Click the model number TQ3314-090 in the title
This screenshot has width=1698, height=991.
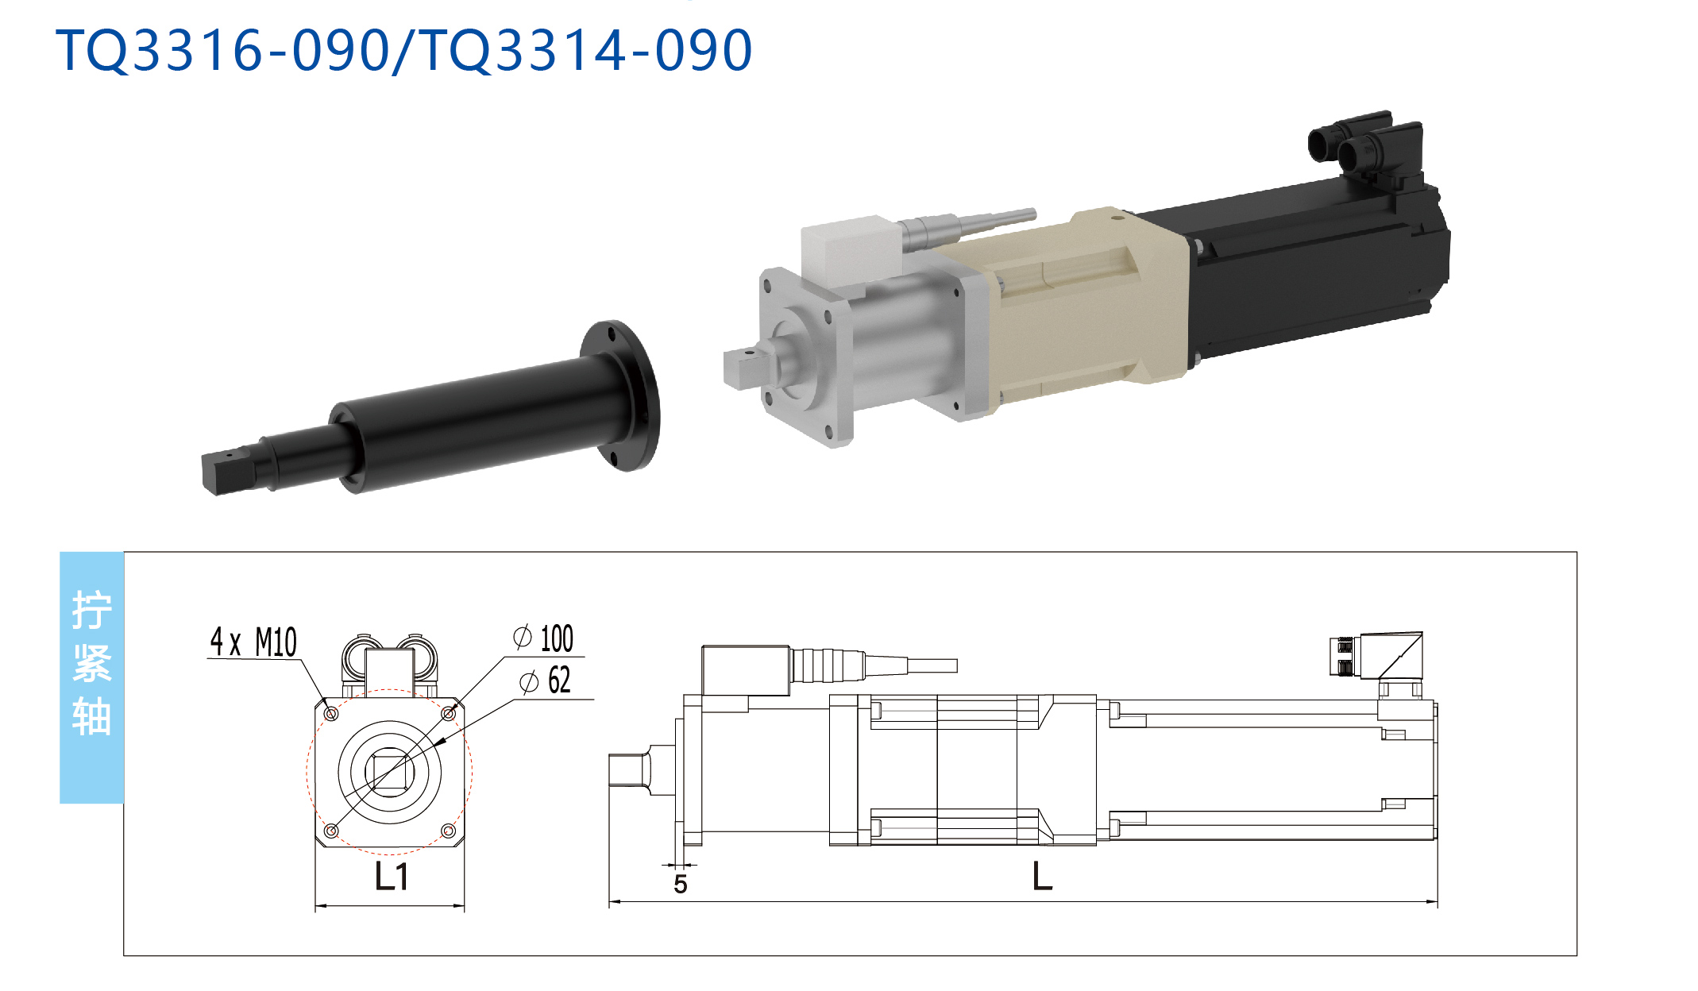click(x=585, y=50)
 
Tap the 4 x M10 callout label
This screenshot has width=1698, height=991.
click(x=253, y=642)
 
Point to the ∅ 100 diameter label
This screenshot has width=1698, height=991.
click(x=543, y=638)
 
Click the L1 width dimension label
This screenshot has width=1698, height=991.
click(x=392, y=877)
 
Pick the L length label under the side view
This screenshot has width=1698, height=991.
click(x=1042, y=877)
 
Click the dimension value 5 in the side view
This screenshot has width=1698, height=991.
click(x=681, y=884)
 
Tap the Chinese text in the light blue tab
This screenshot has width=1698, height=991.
click(x=91, y=663)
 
